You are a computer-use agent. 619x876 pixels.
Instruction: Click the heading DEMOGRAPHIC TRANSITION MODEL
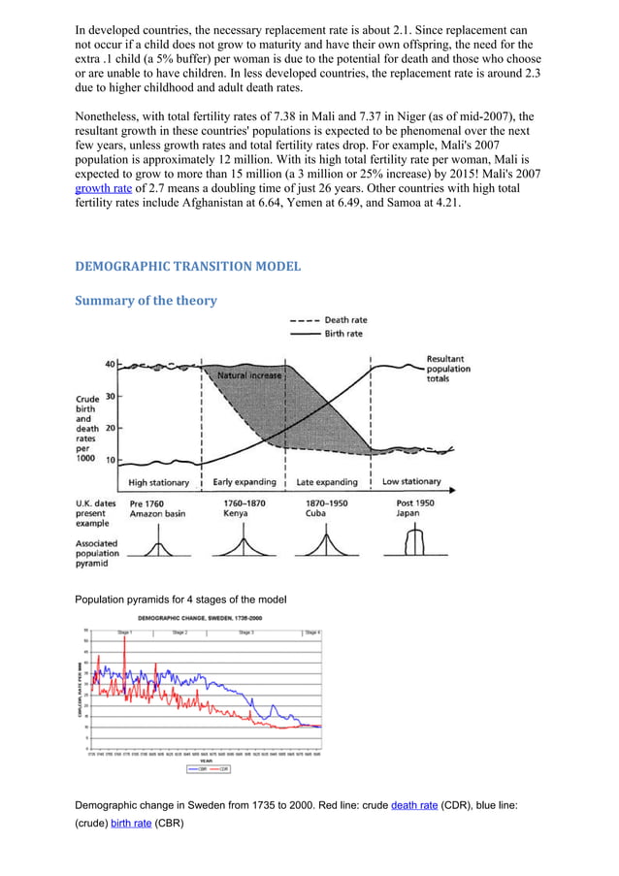tap(188, 266)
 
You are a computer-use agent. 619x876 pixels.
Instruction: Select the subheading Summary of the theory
tap(146, 301)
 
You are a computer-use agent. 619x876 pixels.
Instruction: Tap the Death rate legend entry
tap(344, 320)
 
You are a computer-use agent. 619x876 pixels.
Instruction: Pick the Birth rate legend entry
tap(343, 333)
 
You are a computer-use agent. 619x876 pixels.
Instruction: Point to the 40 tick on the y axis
tap(111, 364)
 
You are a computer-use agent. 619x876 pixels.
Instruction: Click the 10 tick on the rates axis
tap(111, 460)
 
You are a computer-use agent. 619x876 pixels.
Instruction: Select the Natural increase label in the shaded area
tap(249, 374)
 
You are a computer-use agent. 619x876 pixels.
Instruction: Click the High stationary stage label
tap(159, 482)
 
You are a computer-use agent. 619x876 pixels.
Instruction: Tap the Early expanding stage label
tap(244, 482)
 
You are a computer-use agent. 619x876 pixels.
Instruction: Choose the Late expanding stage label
tap(327, 482)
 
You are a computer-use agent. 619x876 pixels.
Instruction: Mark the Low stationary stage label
tap(411, 481)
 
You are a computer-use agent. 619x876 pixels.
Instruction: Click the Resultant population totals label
tap(448, 369)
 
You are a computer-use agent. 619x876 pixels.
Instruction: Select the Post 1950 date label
tap(405, 503)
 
